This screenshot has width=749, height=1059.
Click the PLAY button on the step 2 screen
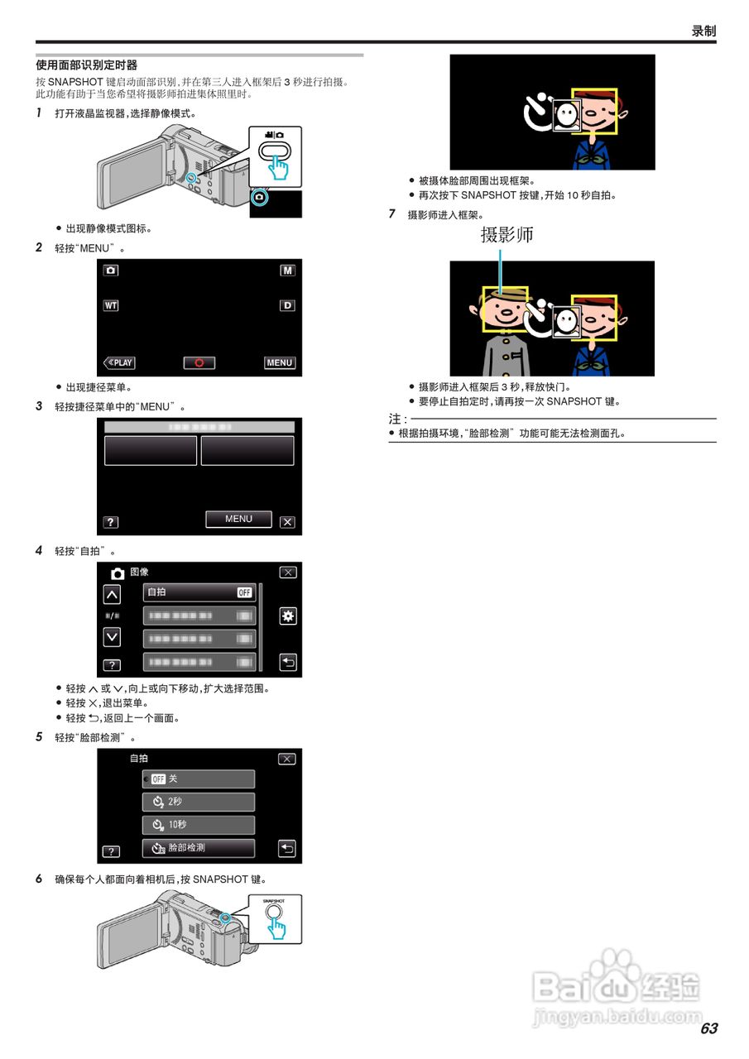coord(119,362)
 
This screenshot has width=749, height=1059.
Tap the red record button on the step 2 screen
coord(199,362)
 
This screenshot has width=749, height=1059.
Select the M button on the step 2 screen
coord(287,271)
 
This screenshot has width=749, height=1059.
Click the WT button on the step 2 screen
coord(111,305)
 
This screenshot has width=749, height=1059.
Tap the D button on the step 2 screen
coord(287,305)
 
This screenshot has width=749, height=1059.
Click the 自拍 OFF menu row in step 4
coord(199,592)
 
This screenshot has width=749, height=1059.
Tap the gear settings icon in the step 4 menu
coord(288,616)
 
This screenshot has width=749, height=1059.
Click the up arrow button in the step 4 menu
coord(112,595)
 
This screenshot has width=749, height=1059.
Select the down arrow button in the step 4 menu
coord(112,637)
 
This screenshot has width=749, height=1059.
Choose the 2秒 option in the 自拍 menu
coord(199,802)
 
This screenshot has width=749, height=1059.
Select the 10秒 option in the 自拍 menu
coord(199,825)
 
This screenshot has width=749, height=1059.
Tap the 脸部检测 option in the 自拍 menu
coord(199,848)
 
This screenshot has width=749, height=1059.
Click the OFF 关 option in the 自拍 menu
coord(199,779)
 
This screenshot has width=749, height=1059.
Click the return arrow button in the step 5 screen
coord(287,848)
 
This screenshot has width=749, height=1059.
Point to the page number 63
coord(708,1028)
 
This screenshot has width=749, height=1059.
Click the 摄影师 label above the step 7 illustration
coord(507,234)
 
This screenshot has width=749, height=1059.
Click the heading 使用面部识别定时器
coord(87,65)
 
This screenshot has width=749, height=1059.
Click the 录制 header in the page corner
coord(703,31)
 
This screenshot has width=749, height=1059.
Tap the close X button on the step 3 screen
coord(287,522)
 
